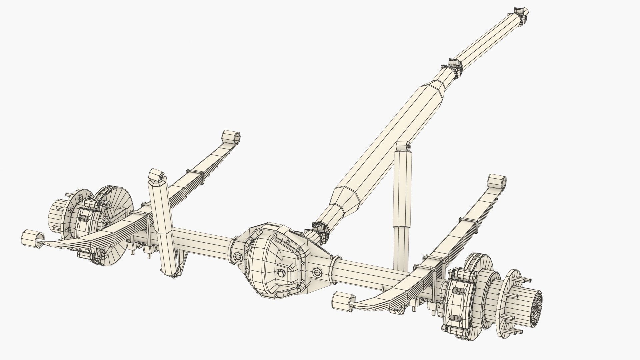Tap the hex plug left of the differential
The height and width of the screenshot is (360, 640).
238,257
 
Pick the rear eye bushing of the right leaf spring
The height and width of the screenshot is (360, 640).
342,301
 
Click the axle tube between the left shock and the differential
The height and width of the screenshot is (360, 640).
203,237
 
